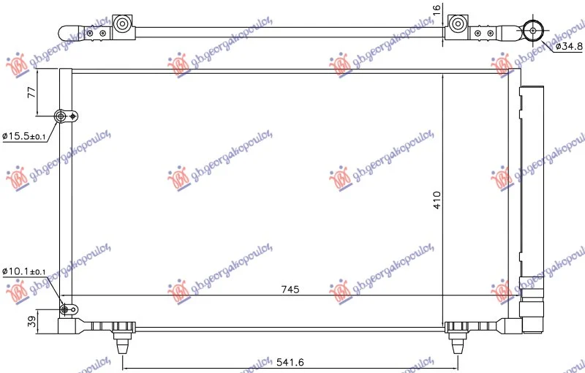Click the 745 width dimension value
pos(290,289)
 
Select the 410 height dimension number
pos(437,200)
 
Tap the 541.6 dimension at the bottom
pos(290,362)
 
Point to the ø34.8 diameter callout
pos(569,46)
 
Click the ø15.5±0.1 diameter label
pos(24,136)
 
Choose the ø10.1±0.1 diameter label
pos(24,271)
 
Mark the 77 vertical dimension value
pos(32,92)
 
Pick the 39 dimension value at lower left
pos(32,322)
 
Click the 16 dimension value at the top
pos(437,9)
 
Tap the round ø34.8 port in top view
pos(533,30)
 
